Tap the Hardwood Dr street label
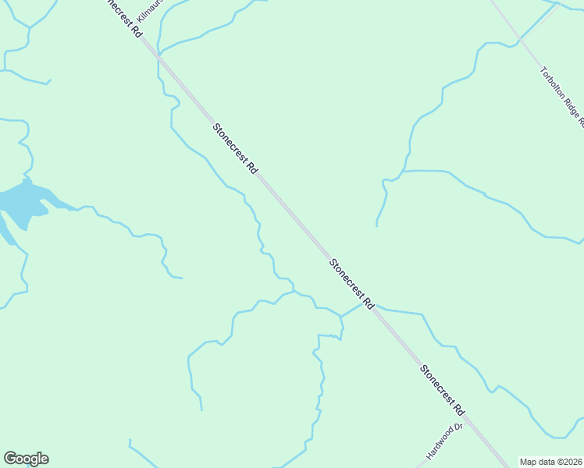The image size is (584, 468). tap(445, 441)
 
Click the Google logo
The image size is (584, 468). tap(26, 459)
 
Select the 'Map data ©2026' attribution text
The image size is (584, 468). tap(550, 461)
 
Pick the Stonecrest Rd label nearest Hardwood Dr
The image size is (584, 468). tap(442, 390)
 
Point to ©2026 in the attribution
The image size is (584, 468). tap(569, 461)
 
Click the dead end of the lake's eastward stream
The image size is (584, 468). tap(182, 278)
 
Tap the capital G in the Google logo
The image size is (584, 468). tap(10, 459)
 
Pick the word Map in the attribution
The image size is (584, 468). tap(529, 461)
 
